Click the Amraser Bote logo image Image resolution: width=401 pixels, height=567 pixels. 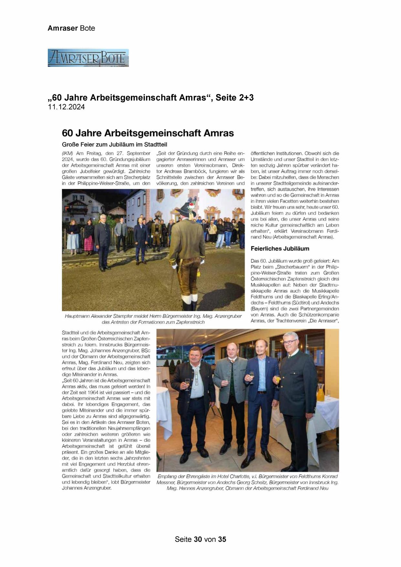(x=88, y=58)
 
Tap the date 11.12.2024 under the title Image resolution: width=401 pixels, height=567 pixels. (x=66, y=107)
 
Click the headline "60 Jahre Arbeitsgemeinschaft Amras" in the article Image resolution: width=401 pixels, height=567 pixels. (x=148, y=133)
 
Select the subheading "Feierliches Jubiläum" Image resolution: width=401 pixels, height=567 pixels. (x=280, y=249)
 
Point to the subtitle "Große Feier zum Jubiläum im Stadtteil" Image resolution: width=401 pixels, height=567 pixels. (x=114, y=144)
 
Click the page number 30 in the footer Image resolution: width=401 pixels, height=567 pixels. (x=198, y=539)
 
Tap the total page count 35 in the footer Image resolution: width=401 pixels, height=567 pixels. (x=222, y=539)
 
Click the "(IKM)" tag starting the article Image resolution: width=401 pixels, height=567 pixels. (x=68, y=153)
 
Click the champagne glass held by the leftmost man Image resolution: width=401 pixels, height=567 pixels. (x=187, y=385)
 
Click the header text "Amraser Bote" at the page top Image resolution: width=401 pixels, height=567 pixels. (x=71, y=28)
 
